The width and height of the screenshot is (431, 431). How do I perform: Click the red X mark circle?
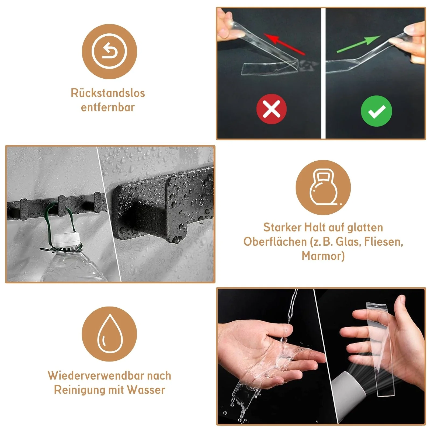pyautogui.click(x=271, y=109)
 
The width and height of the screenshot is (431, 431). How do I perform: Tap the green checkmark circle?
pyautogui.click(x=376, y=111)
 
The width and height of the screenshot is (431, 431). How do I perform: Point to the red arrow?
pyautogui.click(x=284, y=44)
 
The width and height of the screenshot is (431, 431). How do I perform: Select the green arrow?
pyautogui.click(x=359, y=44)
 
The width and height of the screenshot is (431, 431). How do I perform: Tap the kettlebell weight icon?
pyautogui.click(x=323, y=187)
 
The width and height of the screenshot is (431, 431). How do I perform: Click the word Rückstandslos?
pyautogui.click(x=108, y=93)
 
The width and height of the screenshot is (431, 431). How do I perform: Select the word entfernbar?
pyautogui.click(x=108, y=107)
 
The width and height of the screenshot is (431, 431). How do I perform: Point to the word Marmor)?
pyautogui.click(x=323, y=256)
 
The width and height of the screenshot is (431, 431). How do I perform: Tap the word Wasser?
pyautogui.click(x=146, y=390)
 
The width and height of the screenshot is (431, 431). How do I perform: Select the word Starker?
pyautogui.click(x=282, y=227)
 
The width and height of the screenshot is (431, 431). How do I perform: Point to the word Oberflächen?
pyautogui.click(x=275, y=242)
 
